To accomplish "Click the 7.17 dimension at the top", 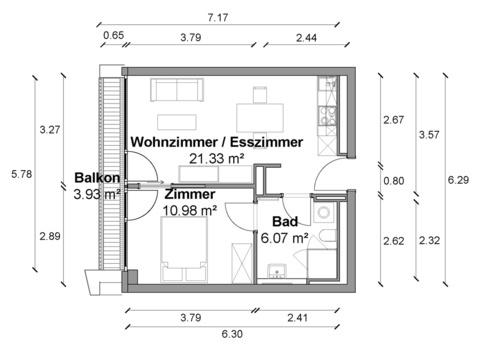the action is (218, 17).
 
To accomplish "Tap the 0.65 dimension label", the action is (113, 35).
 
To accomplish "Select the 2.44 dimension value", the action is (306, 38).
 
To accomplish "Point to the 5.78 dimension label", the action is (22, 174).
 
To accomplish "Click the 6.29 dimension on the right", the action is (458, 180).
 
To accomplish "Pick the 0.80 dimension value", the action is (394, 181).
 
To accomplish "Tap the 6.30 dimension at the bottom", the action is (232, 334).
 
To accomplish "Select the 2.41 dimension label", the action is (297, 318).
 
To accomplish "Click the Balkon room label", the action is (97, 178).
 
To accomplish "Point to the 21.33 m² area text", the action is (217, 159).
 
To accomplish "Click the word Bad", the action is (285, 222).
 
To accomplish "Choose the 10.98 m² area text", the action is (190, 210).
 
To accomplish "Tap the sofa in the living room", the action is (177, 90).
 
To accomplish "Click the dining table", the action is (260, 118).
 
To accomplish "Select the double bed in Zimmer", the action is (184, 249).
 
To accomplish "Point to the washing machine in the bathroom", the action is (324, 212).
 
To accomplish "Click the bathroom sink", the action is (277, 271).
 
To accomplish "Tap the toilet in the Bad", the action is (327, 235).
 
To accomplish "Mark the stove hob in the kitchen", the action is (327, 115).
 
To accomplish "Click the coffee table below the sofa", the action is (177, 122).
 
